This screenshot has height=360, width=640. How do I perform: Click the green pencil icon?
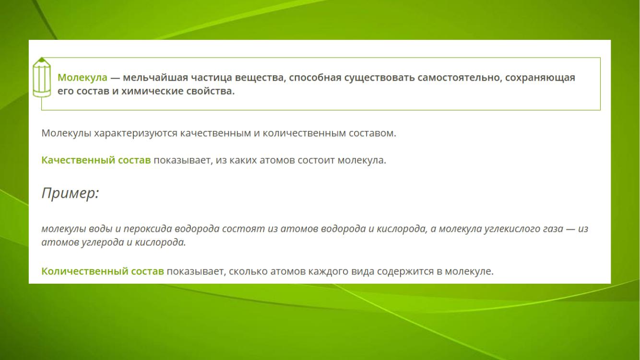click(x=42, y=77)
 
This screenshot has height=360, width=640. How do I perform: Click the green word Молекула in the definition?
click(x=83, y=77)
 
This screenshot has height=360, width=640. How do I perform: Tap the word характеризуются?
click(x=136, y=133)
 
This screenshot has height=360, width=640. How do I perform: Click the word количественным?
click(x=304, y=133)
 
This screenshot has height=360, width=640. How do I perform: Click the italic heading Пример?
click(x=71, y=193)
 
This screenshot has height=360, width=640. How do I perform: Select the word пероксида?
click(x=147, y=229)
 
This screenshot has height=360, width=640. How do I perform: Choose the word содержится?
click(x=405, y=271)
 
